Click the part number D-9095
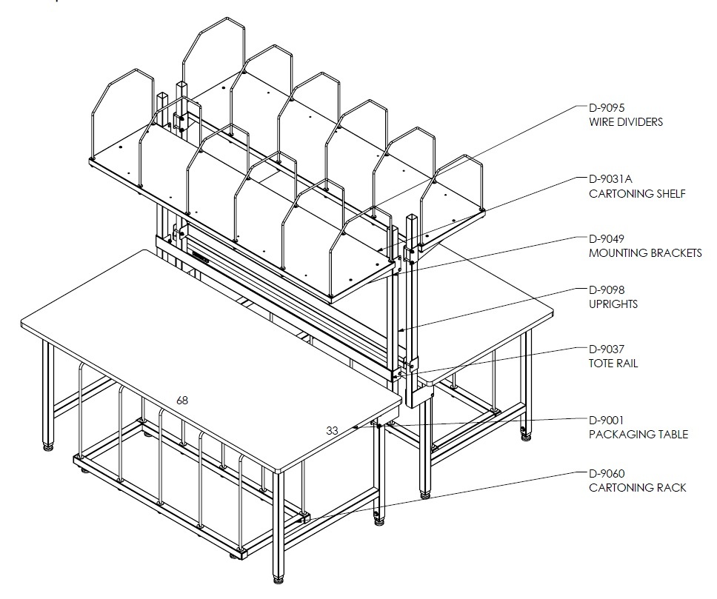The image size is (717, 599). [607, 108]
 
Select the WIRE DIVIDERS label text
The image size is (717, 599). [626, 122]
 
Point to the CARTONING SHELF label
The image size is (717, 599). [638, 194]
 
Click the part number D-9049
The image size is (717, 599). [607, 238]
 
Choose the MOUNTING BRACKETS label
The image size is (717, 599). [645, 253]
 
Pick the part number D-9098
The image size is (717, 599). [607, 290]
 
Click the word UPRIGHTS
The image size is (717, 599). [613, 304]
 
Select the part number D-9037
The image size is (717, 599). [607, 349]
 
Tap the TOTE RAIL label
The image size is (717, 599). [613, 364]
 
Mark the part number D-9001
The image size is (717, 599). [607, 421]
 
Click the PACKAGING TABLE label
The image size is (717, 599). [638, 435]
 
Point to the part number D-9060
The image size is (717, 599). [607, 473]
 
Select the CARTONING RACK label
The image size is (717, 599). [638, 488]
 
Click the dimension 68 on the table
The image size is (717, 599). [182, 401]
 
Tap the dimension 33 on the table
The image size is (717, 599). [332, 431]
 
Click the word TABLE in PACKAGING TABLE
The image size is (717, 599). [673, 435]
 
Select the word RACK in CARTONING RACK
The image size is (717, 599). [672, 488]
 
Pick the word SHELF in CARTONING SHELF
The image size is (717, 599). [671, 194]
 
